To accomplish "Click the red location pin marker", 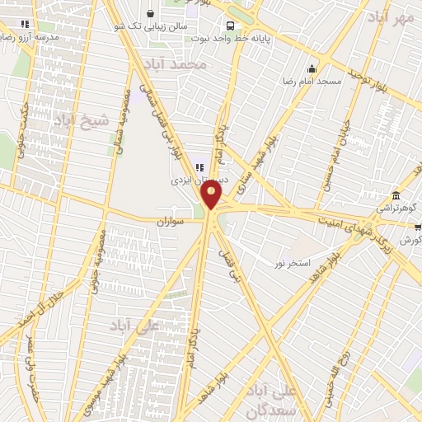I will click(x=211, y=195).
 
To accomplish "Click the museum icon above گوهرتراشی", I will click(x=396, y=195).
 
